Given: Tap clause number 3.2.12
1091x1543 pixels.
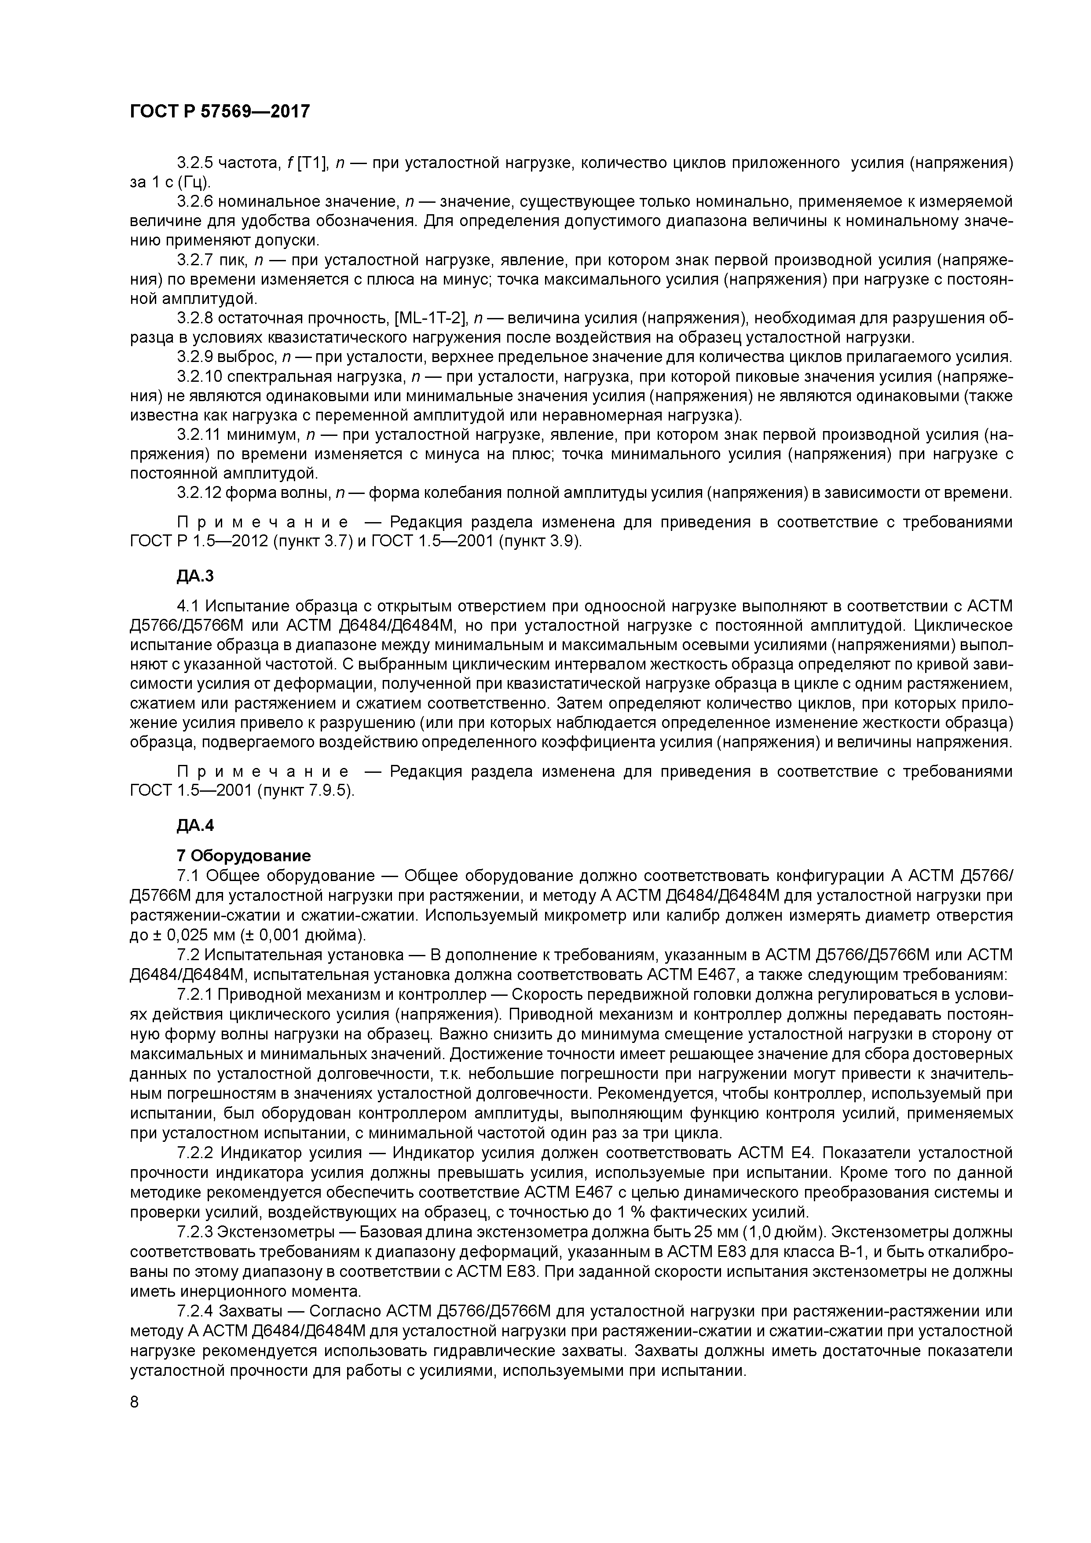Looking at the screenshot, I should click(199, 493).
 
